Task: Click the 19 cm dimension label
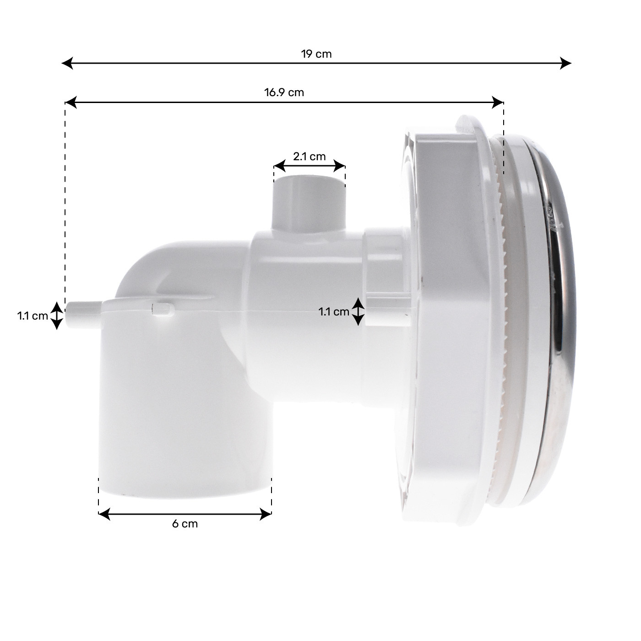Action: (x=316, y=54)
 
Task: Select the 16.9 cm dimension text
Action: (x=284, y=92)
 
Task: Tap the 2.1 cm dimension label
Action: (x=310, y=156)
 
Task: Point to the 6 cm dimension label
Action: (x=185, y=524)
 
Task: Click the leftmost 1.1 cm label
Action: (x=33, y=315)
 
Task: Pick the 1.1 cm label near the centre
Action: (x=334, y=312)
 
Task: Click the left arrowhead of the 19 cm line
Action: (x=67, y=63)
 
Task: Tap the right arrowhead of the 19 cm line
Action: (x=565, y=63)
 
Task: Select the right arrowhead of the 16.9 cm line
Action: (x=498, y=103)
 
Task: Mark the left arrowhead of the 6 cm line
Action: (x=104, y=514)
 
